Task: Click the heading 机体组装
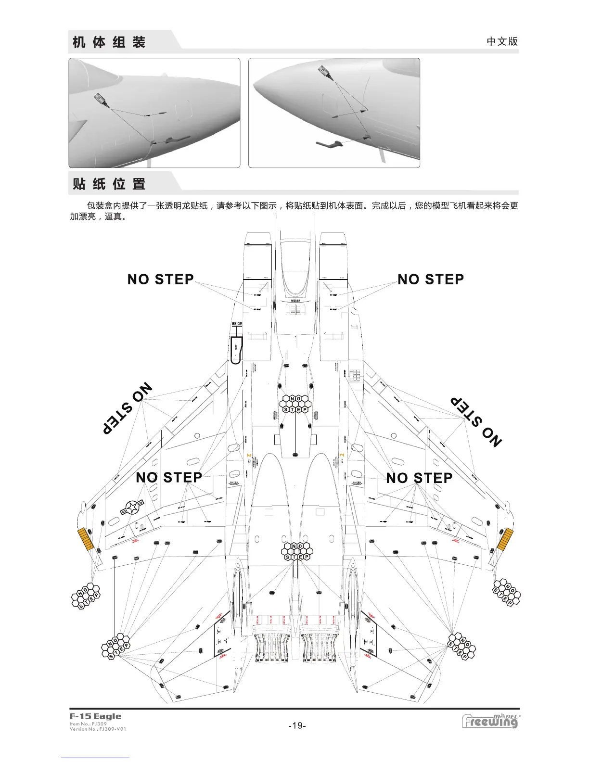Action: pos(109,42)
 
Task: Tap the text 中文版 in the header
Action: pos(502,41)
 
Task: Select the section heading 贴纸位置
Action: pos(109,184)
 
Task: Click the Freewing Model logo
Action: pos(491,721)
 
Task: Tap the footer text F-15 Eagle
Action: pos(95,716)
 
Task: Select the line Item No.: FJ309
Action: pos(88,724)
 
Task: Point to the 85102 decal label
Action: pos(237,324)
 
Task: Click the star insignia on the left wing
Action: pos(131,507)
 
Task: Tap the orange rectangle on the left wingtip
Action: pos(85,539)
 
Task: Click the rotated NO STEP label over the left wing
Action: pos(127,409)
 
